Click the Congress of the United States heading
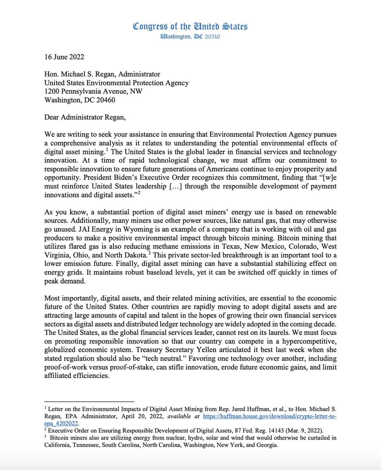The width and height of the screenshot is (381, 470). coord(190,27)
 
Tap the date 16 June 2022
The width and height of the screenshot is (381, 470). coord(64,57)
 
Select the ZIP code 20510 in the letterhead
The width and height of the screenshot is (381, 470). coord(212,36)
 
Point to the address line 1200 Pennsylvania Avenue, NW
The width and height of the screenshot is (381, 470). coord(93,91)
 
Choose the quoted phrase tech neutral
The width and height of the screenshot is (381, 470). coord(166,358)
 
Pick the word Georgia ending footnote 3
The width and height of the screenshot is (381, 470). coord(268,445)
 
